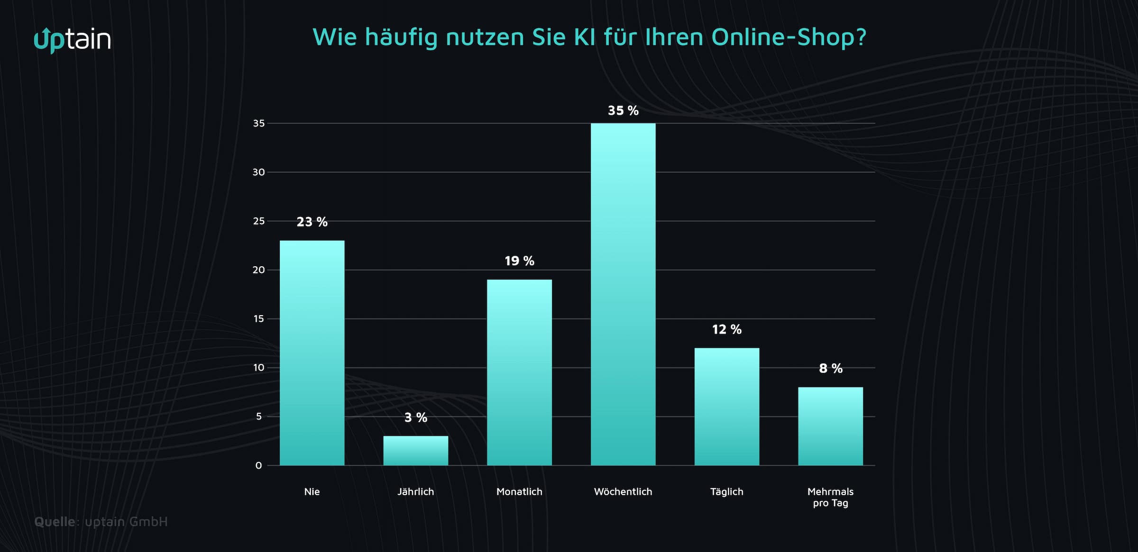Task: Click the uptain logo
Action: click(73, 40)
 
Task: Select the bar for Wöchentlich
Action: click(623, 294)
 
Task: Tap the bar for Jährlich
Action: click(416, 451)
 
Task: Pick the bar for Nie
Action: click(312, 353)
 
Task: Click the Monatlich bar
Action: click(519, 372)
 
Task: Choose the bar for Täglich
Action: click(727, 407)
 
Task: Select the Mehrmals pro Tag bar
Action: click(830, 426)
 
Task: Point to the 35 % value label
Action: click(623, 110)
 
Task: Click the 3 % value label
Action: click(416, 417)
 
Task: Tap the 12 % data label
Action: click(727, 329)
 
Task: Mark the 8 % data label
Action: click(830, 368)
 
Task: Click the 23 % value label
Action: click(312, 222)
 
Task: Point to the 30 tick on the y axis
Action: click(258, 172)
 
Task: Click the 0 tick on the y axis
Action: click(258, 465)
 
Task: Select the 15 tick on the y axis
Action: click(258, 318)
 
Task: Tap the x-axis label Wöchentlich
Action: click(623, 491)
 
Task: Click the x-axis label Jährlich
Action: click(416, 491)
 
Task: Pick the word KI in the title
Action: click(584, 37)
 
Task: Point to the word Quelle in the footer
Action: click(55, 522)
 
